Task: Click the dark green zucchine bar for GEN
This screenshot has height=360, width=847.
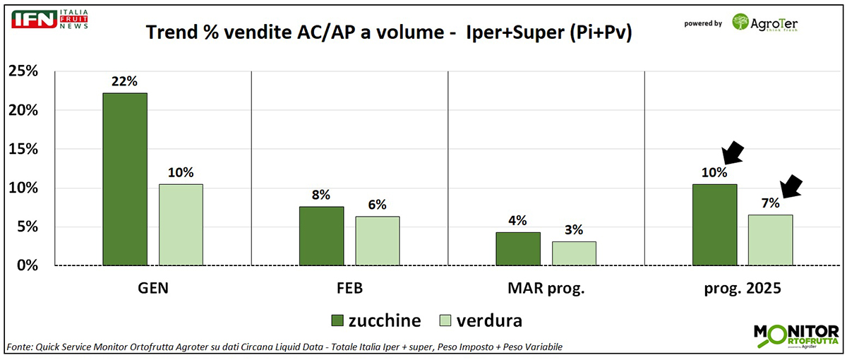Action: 125,179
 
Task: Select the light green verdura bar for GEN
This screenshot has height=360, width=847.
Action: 181,224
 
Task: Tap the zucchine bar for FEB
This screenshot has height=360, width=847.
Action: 321,236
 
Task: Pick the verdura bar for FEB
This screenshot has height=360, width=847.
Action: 377,241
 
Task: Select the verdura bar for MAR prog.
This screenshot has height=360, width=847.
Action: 574,253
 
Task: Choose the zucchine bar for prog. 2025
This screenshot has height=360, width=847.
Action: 714,224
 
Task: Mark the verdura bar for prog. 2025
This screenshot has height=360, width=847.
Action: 770,240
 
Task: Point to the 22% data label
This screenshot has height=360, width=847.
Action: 124,82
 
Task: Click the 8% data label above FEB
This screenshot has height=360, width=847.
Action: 321,196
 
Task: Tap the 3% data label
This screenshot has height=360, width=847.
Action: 574,231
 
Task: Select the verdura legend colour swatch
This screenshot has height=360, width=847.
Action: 447,321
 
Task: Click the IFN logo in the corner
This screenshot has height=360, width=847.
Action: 35,19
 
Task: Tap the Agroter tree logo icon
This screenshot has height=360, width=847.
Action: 741,23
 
